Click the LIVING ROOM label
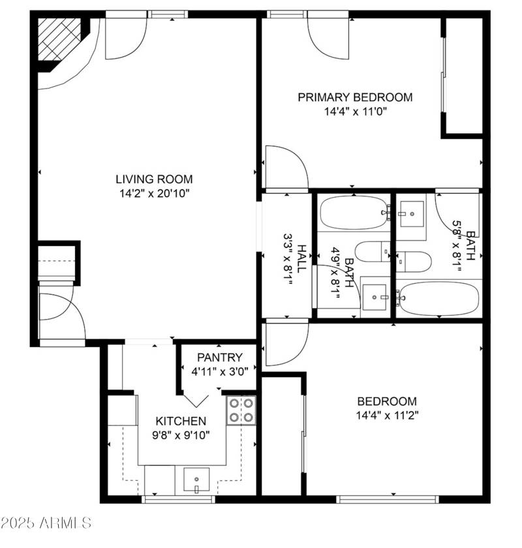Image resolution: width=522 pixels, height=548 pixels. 154,179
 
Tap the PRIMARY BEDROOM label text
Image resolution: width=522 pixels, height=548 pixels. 355,97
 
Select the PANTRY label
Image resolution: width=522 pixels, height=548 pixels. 220,358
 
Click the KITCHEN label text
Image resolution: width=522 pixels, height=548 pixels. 181,421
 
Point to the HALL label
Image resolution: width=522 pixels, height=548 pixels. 301,258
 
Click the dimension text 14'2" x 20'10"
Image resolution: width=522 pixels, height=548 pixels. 154,193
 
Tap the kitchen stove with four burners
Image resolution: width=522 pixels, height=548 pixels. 241,410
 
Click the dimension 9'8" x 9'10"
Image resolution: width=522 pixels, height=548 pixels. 181,436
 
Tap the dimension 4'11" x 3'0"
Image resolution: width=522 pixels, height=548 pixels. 220,372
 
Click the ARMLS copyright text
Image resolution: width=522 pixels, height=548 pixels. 46,523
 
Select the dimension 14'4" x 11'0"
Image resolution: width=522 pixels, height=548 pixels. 355,112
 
